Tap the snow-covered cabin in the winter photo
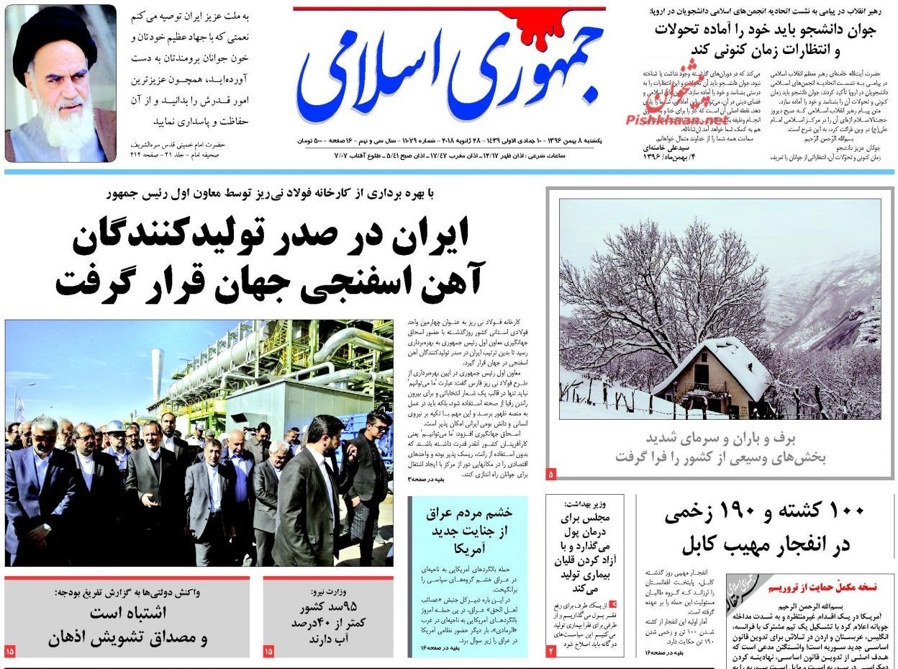[x=712, y=374]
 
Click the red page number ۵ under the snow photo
[x=551, y=474]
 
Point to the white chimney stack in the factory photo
[x=157, y=374]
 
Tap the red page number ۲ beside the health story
[x=551, y=650]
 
